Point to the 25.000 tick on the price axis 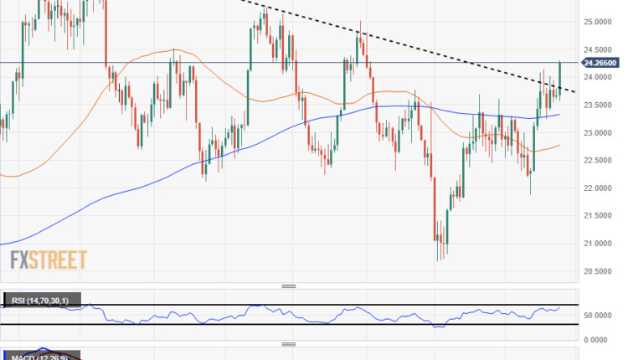(x=600, y=22)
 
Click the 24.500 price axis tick (x=600, y=49)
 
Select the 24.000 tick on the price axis (x=600, y=77)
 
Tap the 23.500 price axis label (x=600, y=105)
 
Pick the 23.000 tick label (x=600, y=132)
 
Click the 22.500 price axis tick (x=600, y=160)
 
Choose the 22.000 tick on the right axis (x=600, y=188)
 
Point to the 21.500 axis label (x=600, y=215)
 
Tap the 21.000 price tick (x=600, y=243)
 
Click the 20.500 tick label (x=600, y=270)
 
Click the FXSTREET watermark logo (x=49, y=260)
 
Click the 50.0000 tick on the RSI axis (x=599, y=315)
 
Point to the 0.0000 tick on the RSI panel (x=600, y=339)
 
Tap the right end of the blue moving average (x=559, y=114)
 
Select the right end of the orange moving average (x=559, y=145)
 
